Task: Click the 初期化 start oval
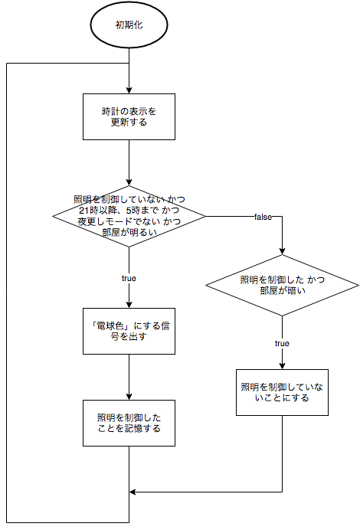pyautogui.click(x=129, y=25)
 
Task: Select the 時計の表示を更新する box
pyautogui.click(x=129, y=116)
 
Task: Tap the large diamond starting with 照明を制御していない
pyautogui.click(x=129, y=216)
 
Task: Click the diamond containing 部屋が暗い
pyautogui.click(x=283, y=286)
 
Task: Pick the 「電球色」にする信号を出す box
pyautogui.click(x=129, y=331)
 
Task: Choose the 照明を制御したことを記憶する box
pyautogui.click(x=129, y=423)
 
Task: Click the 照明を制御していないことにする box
pyautogui.click(x=283, y=393)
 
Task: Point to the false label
pyautogui.click(x=263, y=218)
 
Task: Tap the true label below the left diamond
pyautogui.click(x=129, y=278)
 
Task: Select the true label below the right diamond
pyautogui.click(x=283, y=344)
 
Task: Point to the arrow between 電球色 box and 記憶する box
pyautogui.click(x=129, y=377)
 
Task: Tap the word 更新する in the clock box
pyautogui.click(x=129, y=123)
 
